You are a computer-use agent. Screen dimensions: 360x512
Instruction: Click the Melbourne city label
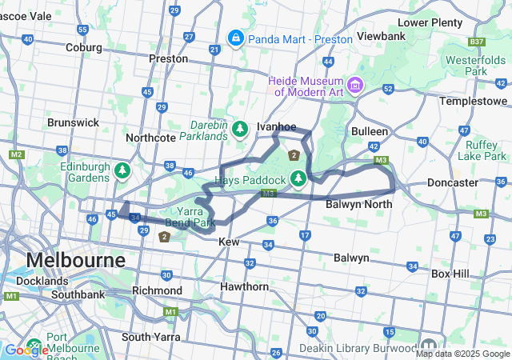pyautogui.click(x=76, y=260)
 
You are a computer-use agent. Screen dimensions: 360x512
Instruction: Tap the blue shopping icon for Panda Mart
pyautogui.click(x=236, y=38)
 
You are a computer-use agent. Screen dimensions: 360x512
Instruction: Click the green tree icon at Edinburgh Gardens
pyautogui.click(x=122, y=170)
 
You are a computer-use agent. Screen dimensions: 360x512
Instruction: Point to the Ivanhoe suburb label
pyautogui.click(x=276, y=126)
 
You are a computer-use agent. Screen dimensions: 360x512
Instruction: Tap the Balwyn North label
pyautogui.click(x=358, y=205)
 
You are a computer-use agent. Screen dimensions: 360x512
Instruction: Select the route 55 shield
pyautogui.click(x=82, y=30)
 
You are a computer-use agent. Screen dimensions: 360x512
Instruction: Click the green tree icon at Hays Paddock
pyautogui.click(x=298, y=177)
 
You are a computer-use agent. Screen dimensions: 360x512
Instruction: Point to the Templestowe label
pyautogui.click(x=474, y=102)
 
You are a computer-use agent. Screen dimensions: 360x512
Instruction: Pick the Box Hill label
pyautogui.click(x=453, y=273)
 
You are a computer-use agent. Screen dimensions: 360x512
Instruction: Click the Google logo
pyautogui.click(x=26, y=350)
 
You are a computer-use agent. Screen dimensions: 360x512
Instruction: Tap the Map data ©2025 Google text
pyautogui.click(x=462, y=354)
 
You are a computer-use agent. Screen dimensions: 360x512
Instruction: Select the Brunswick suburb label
pyautogui.click(x=73, y=122)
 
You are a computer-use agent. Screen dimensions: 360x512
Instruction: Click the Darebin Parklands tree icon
pyautogui.click(x=240, y=128)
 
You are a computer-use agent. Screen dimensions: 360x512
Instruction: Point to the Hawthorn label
pyautogui.click(x=244, y=286)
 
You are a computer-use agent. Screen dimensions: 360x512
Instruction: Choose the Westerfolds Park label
pyautogui.click(x=476, y=66)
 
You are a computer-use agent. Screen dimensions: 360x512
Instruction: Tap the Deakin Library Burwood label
pyautogui.click(x=358, y=349)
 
